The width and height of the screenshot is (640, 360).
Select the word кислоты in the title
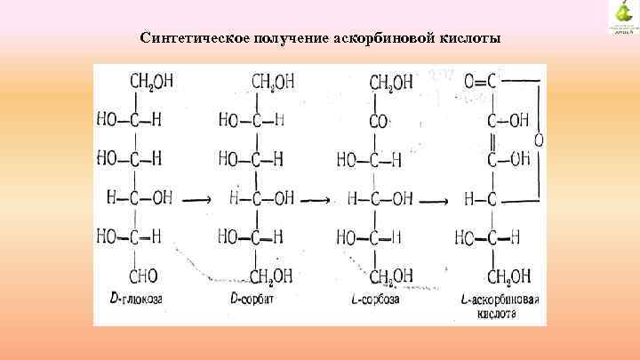click(471, 38)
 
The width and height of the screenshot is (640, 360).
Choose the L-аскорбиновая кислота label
click(500, 307)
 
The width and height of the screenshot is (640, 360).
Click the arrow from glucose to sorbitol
click(196, 200)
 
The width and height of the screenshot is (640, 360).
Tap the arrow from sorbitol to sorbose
click(316, 200)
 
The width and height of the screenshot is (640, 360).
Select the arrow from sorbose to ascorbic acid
click(433, 200)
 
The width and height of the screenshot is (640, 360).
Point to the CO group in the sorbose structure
click(379, 121)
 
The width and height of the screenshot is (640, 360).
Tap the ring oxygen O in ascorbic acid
click(538, 140)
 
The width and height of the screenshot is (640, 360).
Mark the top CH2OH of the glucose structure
click(152, 82)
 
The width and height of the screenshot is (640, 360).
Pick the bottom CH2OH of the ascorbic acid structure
click(508, 276)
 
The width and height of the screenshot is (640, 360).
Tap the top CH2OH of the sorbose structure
click(391, 83)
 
